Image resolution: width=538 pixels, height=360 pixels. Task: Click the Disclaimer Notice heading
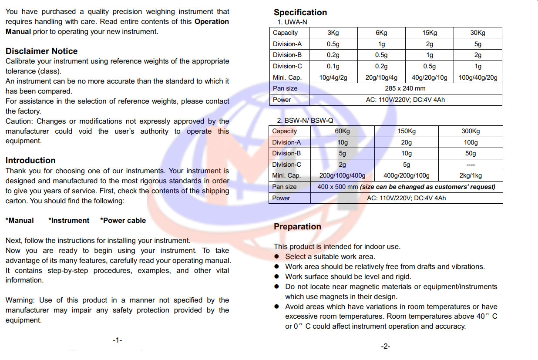[x=41, y=51]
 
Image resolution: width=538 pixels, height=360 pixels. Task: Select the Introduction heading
[x=30, y=160]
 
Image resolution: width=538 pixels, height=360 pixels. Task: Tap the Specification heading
[x=300, y=13]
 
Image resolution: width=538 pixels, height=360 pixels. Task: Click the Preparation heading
[x=297, y=226]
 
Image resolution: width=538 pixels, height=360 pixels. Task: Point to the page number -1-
[x=117, y=340]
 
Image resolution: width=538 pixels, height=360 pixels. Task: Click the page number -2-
[x=385, y=347]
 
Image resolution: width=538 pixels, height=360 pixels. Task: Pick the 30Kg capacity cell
[x=477, y=33]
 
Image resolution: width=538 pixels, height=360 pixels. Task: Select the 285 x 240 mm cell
[x=405, y=88]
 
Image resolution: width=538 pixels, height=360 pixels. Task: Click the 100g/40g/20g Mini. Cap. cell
[x=477, y=77]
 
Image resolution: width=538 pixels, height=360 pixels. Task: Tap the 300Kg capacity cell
[x=470, y=131]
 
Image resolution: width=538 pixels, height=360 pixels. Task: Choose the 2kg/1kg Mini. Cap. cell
[x=470, y=175]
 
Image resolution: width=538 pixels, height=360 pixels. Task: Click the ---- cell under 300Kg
[x=470, y=165]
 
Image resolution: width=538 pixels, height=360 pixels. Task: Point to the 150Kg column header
[x=406, y=131]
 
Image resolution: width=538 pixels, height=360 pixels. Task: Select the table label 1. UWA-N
[x=293, y=22]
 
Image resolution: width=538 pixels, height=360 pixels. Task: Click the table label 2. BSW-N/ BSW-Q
[x=306, y=121]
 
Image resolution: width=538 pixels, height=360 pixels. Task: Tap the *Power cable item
[x=123, y=220]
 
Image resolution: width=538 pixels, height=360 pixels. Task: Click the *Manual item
[x=20, y=220]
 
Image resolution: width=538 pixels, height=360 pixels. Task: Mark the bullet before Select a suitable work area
[x=276, y=257]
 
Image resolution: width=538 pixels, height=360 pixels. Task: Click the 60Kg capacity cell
[x=342, y=131]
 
